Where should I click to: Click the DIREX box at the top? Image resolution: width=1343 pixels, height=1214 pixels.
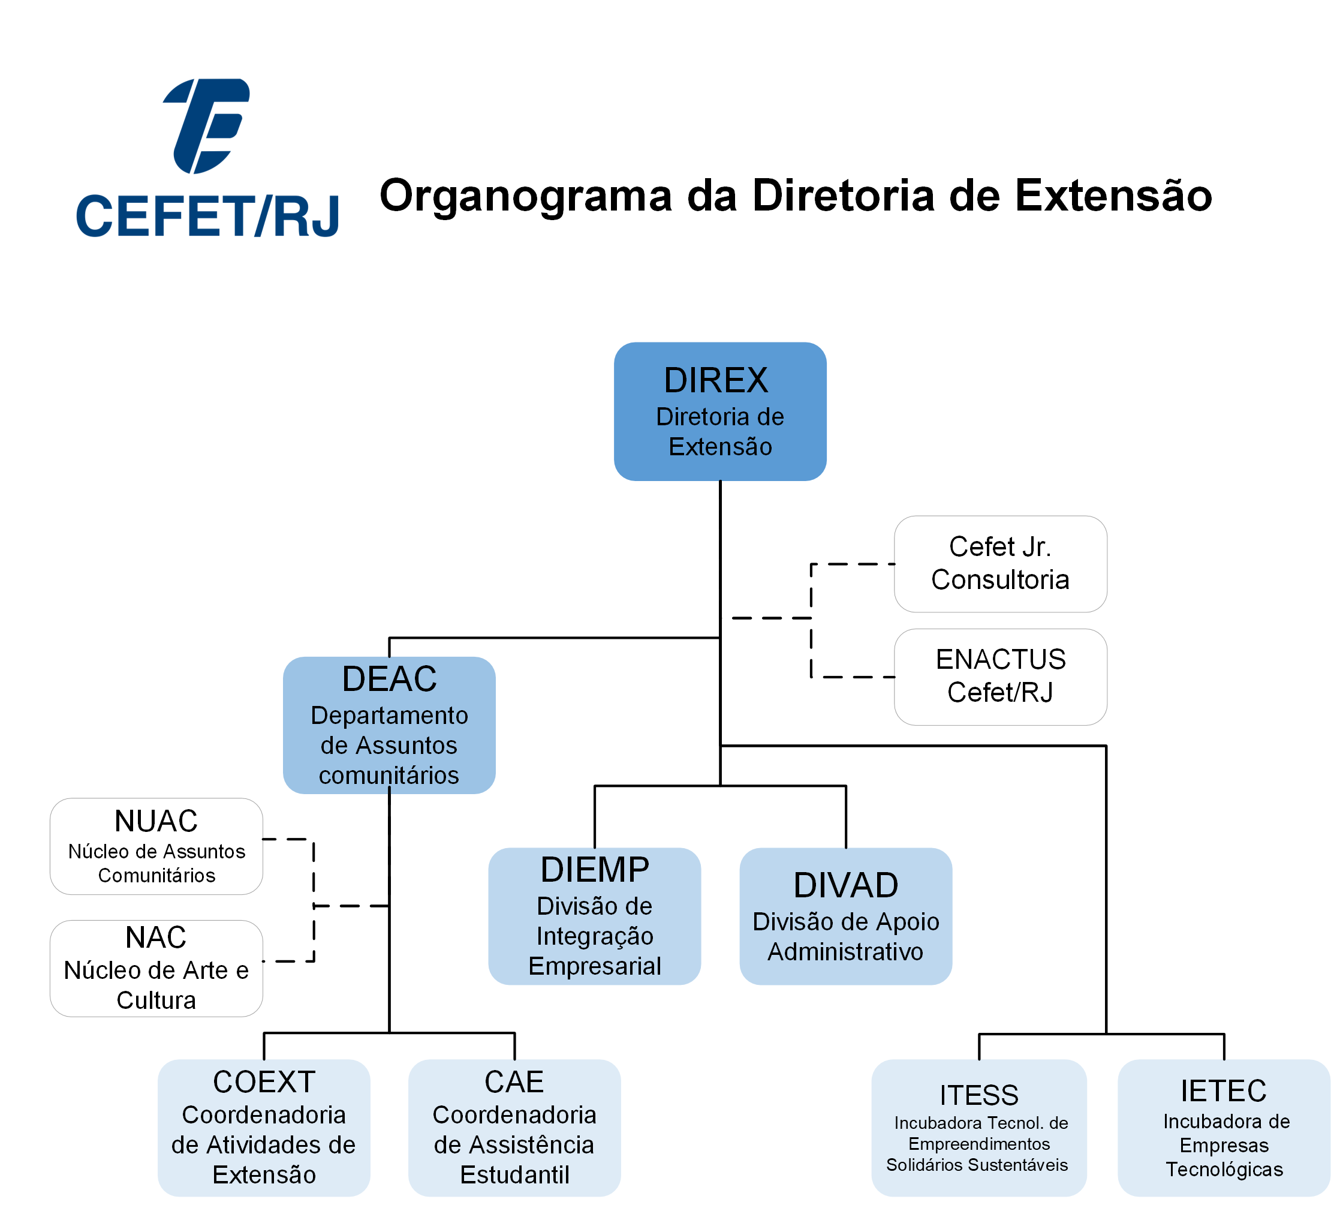click(720, 411)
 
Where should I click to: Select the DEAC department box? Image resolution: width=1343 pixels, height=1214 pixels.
click(389, 725)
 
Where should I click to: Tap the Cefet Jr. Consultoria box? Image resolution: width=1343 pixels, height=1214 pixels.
click(1001, 564)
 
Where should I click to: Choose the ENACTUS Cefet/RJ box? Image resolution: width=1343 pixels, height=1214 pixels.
click(1001, 677)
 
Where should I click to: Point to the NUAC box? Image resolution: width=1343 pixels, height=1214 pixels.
click(156, 846)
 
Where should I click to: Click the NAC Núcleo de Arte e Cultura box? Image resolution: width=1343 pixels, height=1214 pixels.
click(156, 968)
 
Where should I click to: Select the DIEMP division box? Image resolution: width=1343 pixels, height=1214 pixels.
click(595, 916)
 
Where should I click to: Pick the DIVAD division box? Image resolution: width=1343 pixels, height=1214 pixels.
click(846, 916)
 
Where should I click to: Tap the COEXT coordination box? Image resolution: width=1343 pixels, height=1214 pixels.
click(264, 1128)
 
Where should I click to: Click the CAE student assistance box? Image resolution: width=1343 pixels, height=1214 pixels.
click(515, 1128)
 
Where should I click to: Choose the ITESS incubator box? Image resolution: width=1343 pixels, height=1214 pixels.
click(979, 1128)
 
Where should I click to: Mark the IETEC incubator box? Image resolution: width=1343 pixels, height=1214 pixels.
click(1224, 1128)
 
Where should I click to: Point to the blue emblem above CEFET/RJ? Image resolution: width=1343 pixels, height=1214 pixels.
click(206, 126)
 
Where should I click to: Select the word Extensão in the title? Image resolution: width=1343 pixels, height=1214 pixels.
click(1113, 196)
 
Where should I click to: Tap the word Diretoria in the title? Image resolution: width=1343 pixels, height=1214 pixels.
click(844, 196)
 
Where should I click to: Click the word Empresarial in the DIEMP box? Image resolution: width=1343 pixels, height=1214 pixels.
click(595, 967)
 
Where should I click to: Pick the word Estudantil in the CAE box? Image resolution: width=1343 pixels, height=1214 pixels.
click(515, 1176)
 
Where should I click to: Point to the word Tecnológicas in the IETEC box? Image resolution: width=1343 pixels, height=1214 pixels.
click(1224, 1170)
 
